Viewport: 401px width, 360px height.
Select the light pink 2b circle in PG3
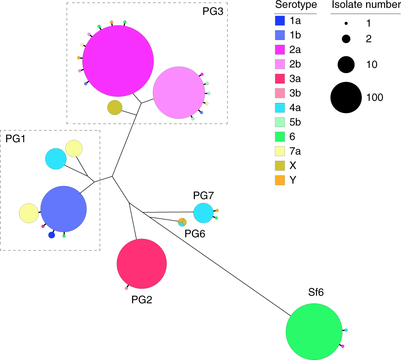(x=179, y=93)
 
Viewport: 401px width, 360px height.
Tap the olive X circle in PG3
(x=115, y=108)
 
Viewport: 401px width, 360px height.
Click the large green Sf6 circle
(x=314, y=332)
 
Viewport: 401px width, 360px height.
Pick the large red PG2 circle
(x=142, y=264)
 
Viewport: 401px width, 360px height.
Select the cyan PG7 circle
(x=203, y=213)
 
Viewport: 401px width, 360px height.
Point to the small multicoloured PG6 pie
(x=182, y=222)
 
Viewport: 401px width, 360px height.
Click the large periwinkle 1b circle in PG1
(x=64, y=209)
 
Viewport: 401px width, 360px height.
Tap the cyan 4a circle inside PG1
(x=56, y=159)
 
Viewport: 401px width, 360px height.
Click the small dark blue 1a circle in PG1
(x=51, y=235)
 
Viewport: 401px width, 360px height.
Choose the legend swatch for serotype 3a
(x=280, y=78)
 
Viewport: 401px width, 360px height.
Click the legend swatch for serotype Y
(x=280, y=180)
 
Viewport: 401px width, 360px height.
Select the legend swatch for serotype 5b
(x=280, y=122)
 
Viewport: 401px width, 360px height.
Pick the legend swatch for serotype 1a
(x=280, y=21)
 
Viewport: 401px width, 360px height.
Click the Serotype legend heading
(x=296, y=5)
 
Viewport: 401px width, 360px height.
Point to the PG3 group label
(x=213, y=11)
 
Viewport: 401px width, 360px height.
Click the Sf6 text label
(x=316, y=292)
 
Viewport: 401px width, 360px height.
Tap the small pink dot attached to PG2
(x=127, y=289)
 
